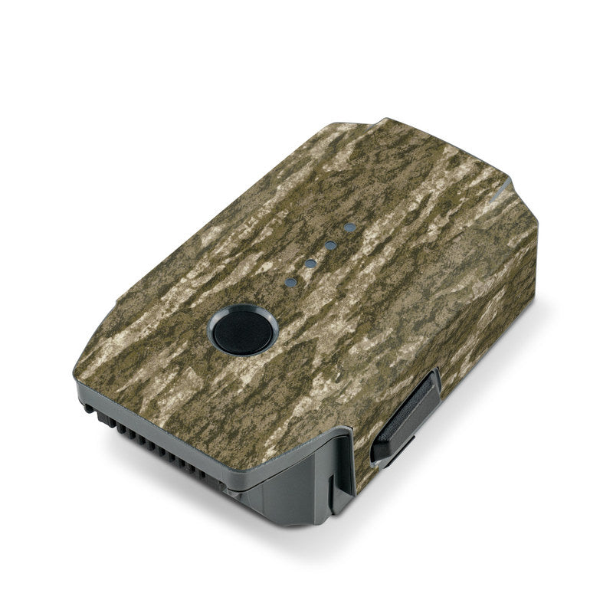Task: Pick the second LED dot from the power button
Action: click(310, 264)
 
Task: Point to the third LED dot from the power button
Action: click(331, 245)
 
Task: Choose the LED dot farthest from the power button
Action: click(350, 228)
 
